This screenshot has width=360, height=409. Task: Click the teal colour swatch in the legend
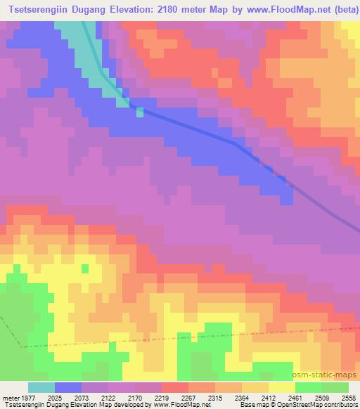coord(41,387)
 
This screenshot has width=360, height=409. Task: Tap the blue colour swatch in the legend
coord(68,387)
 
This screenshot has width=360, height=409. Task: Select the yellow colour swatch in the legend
coord(281,387)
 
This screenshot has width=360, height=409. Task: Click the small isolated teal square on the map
coord(139,112)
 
